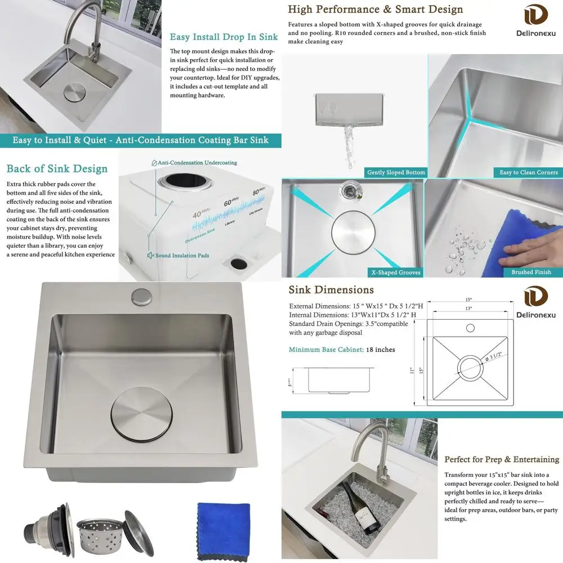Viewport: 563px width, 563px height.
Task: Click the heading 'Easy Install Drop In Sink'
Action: coord(224,37)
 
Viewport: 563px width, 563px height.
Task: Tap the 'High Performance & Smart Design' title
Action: coord(376,10)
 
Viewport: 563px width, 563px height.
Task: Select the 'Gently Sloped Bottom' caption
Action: coord(396,172)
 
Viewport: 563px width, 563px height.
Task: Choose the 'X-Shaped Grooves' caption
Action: coord(395,272)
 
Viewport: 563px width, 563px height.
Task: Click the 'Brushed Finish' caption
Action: coord(531,272)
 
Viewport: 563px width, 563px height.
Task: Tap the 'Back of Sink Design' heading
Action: coord(57,169)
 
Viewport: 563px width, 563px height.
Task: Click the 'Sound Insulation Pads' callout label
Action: coord(182,256)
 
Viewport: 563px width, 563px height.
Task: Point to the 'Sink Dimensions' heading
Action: coord(331,291)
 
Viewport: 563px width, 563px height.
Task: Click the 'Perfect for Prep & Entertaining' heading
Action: coord(502,459)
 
